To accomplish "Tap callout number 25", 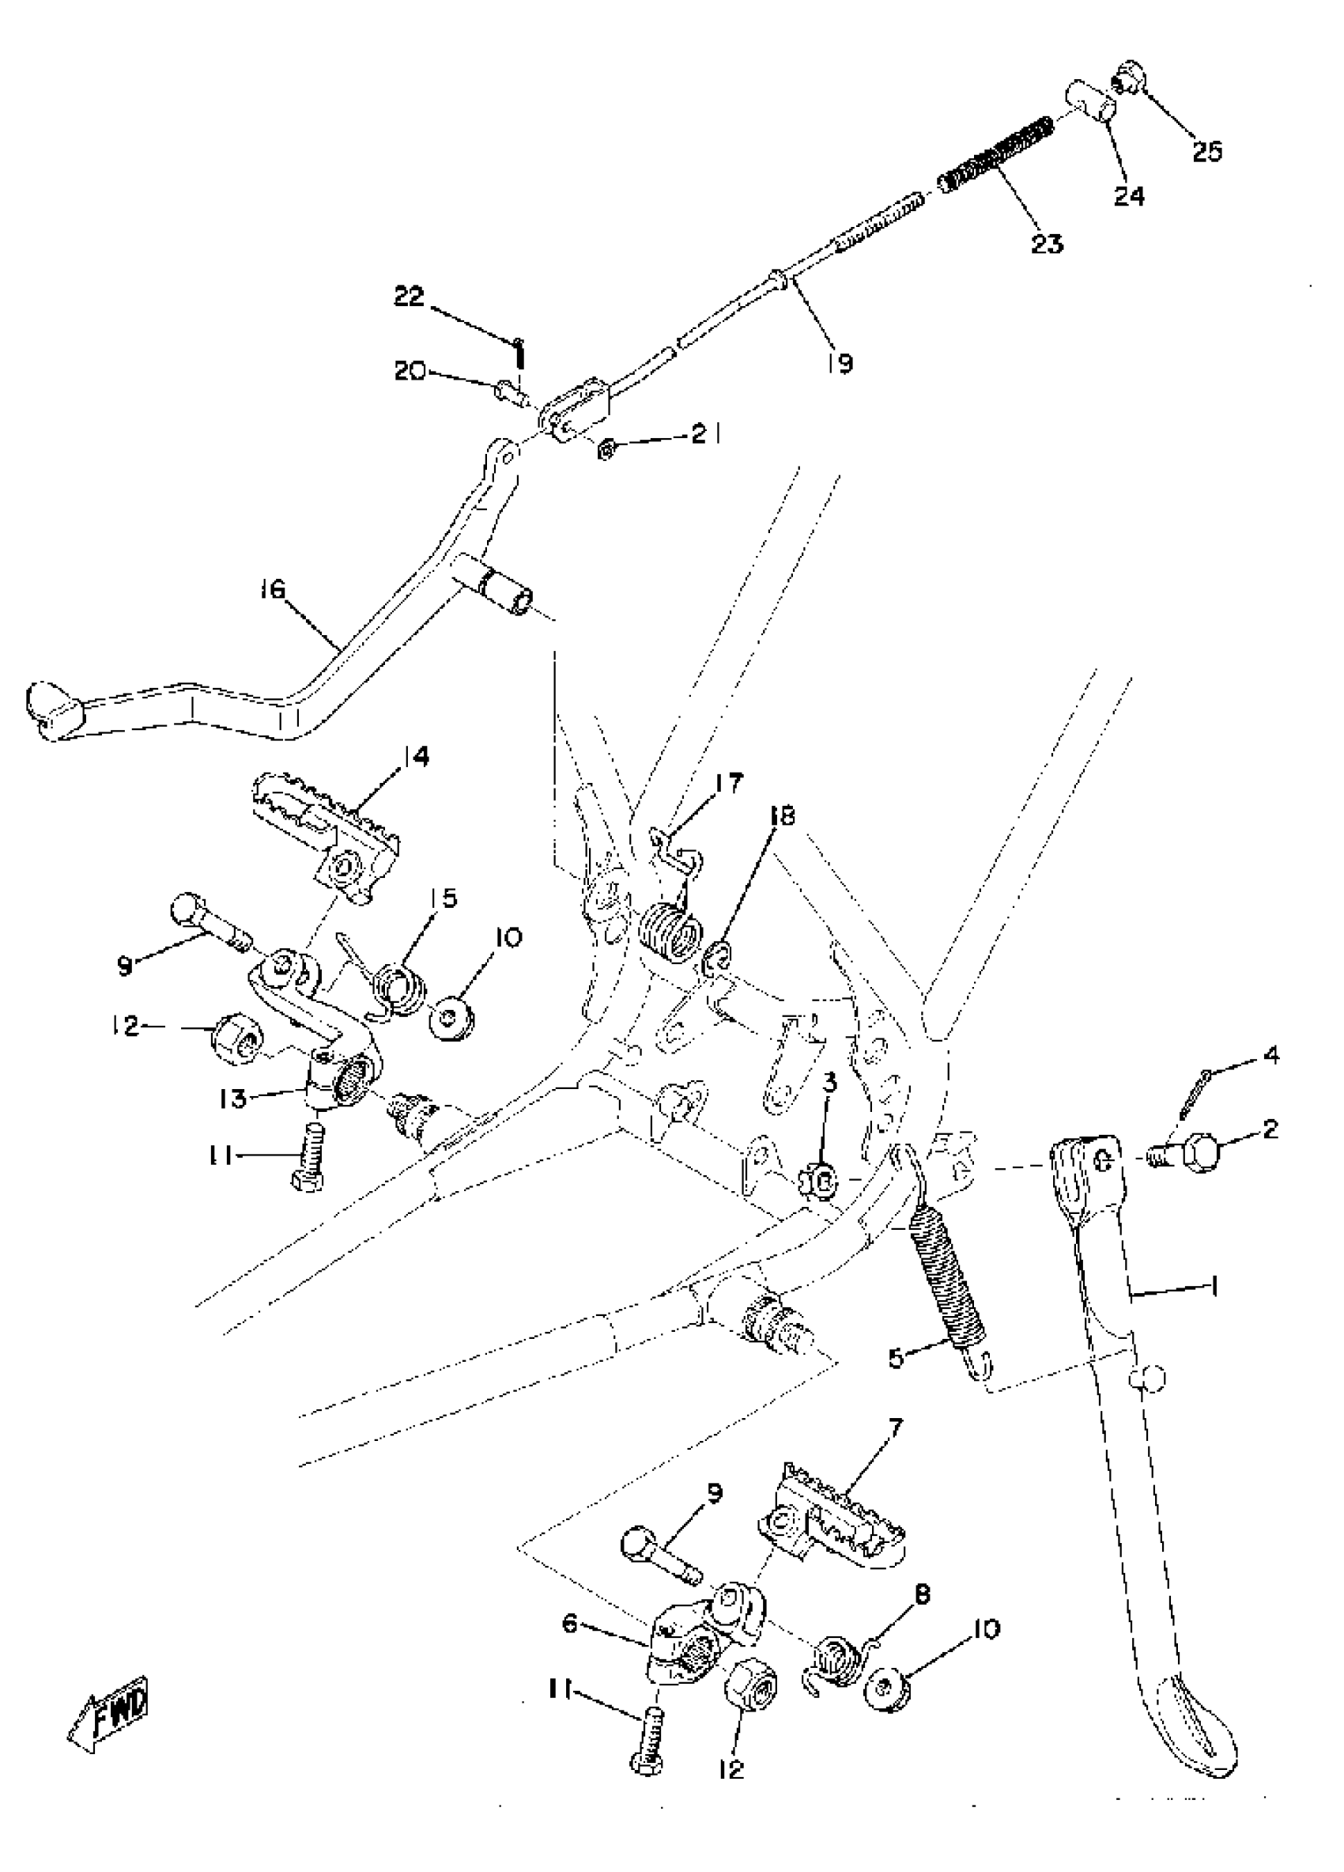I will [1206, 151].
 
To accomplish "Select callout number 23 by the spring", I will [1046, 244].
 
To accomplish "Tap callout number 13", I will [234, 1099].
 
